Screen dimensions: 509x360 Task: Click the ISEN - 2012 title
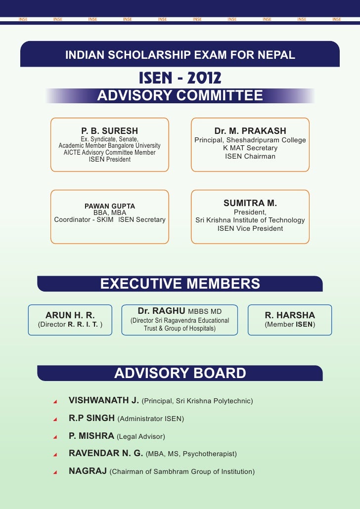point(180,78)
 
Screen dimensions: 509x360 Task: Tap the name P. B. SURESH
point(110,131)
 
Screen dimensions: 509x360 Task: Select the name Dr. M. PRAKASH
point(250,131)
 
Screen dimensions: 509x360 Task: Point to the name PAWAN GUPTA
point(110,206)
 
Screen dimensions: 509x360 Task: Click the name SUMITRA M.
point(250,203)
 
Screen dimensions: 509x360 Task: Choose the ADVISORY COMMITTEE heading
point(180,95)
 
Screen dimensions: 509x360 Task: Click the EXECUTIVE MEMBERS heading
point(180,283)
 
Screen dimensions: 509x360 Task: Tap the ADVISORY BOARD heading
point(180,373)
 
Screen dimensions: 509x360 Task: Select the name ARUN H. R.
point(70,315)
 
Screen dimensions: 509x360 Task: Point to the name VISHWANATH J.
point(104,400)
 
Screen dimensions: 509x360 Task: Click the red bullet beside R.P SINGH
point(56,419)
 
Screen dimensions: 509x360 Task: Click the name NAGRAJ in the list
point(88,471)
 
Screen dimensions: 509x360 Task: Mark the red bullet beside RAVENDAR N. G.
point(56,454)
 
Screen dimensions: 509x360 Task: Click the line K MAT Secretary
point(250,148)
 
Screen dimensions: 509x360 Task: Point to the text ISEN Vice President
point(250,228)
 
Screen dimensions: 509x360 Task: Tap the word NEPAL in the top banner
point(278,55)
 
